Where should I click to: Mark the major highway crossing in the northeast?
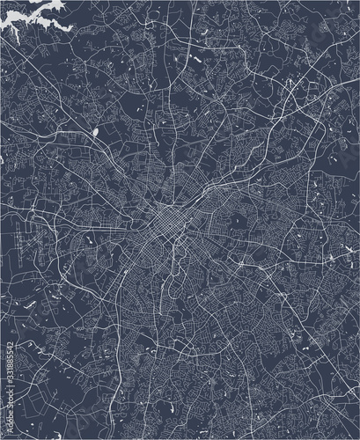pos(290,88)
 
